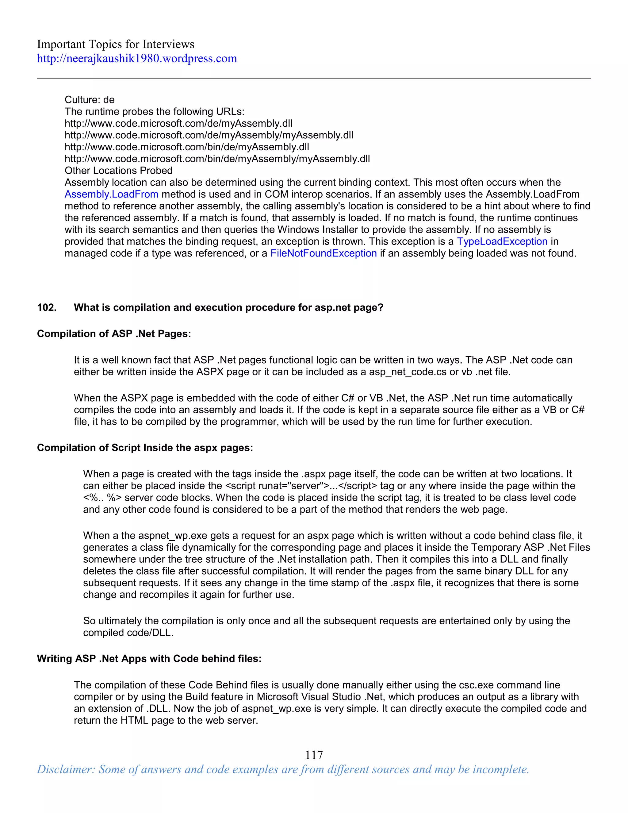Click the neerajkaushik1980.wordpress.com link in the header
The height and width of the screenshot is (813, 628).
point(136,58)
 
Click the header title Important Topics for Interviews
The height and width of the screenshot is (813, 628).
point(115,44)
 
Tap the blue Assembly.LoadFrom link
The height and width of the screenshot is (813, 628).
point(111,194)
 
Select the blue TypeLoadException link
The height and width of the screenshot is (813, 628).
point(502,241)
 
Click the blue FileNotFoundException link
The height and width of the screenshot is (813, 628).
point(323,253)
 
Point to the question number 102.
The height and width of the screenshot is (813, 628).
point(47,307)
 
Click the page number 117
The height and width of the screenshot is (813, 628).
point(314,755)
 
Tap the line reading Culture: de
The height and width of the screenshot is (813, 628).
point(89,100)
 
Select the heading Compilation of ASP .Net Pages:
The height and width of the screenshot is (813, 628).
point(114,334)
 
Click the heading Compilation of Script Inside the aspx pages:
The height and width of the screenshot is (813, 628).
point(145,448)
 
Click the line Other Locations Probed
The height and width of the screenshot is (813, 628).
point(118,171)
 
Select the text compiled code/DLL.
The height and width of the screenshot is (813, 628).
point(128,633)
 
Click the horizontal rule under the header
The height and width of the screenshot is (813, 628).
point(314,79)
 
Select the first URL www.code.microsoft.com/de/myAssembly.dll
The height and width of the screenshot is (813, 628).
point(178,124)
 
